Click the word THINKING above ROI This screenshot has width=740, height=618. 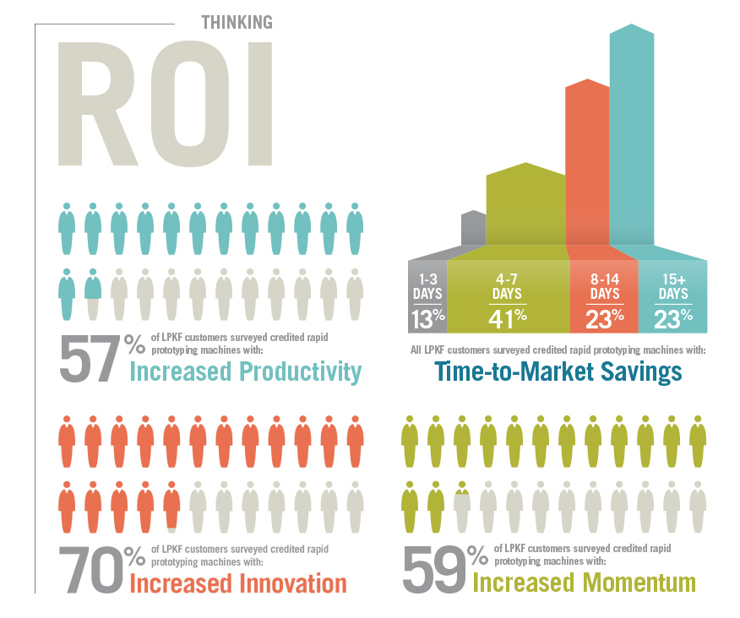[x=237, y=22]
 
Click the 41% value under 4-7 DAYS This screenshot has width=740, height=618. [x=508, y=317]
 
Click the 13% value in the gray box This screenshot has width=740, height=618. [x=427, y=318]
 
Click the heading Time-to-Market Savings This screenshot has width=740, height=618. [x=558, y=372]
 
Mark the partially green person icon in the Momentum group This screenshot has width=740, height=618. [x=462, y=505]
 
